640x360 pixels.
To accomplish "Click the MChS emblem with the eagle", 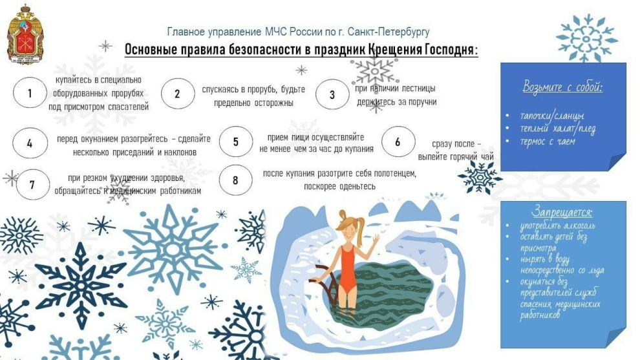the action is coord(25,34).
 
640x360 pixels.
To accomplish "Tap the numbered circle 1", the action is coord(30,93).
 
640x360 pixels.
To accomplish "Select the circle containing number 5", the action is coord(235,142).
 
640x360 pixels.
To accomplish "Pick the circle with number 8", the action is coord(235,180).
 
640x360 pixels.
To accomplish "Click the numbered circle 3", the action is coord(332,94).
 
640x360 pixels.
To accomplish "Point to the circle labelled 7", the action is coord(32,184).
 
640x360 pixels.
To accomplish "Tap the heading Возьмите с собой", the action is coord(563,87).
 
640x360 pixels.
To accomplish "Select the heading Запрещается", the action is coord(562,212).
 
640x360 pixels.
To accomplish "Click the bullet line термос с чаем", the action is coord(548,142).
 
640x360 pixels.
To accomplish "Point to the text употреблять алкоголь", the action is coord(557,226).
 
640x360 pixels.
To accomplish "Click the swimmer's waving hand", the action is coord(375,240).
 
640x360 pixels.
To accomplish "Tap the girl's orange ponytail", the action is coord(359,226).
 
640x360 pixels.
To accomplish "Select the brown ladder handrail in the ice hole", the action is coord(326,282).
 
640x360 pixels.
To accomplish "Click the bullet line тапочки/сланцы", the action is coord(552,116).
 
